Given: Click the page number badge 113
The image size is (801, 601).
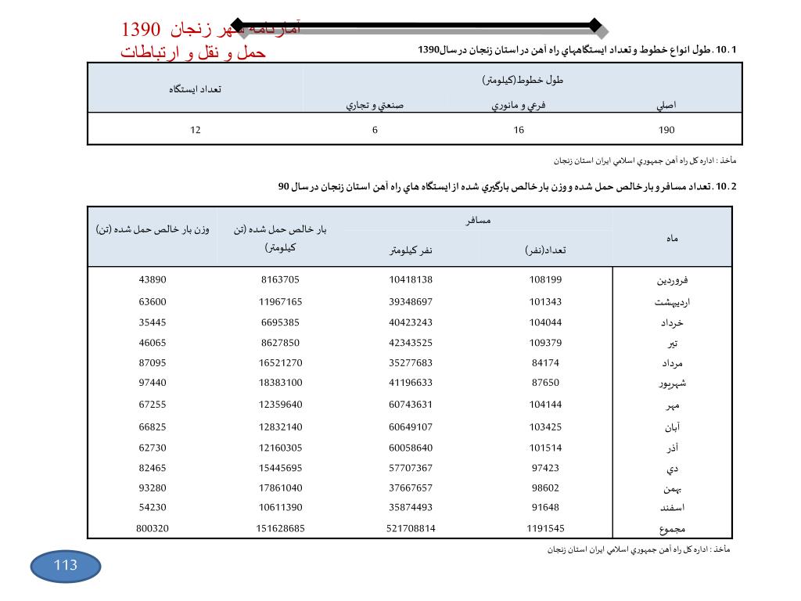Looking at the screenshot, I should point(66,566).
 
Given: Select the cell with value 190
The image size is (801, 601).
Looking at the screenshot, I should point(666,130).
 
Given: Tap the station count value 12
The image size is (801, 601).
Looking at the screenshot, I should point(195,130).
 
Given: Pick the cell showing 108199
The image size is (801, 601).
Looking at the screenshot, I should point(545,279).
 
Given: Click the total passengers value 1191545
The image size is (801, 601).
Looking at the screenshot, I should point(545,528).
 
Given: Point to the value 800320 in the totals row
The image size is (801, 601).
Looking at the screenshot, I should point(152,528).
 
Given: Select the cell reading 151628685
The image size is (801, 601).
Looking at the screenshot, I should point(280,528).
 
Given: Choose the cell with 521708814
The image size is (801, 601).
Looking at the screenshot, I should point(411,528).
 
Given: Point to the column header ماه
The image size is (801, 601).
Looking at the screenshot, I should point(673,236).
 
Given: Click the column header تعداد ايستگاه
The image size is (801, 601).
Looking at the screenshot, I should point(195,88).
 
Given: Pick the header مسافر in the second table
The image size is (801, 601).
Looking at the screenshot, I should point(478,221).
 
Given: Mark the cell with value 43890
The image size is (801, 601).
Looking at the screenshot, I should point(152,279).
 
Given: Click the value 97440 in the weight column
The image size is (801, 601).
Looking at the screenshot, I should point(152,383).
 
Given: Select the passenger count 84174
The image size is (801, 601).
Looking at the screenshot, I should point(545,363).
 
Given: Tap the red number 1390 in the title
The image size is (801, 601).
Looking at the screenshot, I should point(141,30).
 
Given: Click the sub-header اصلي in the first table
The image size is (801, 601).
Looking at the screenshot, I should point(666,104).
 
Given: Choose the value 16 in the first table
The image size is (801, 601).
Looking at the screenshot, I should point(518,130).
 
